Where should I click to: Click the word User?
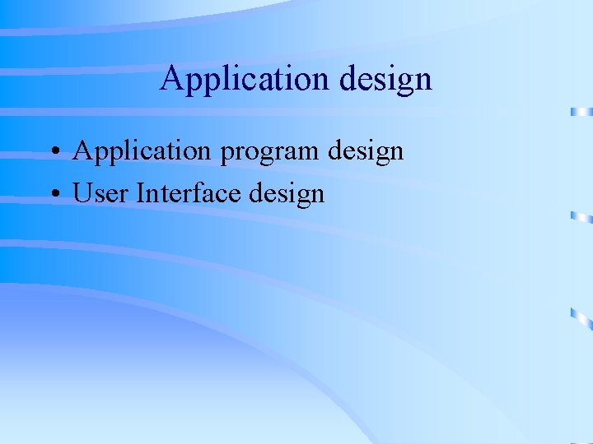click(x=101, y=193)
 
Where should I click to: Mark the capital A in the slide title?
click(x=171, y=78)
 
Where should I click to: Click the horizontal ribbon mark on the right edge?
click(x=581, y=111)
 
